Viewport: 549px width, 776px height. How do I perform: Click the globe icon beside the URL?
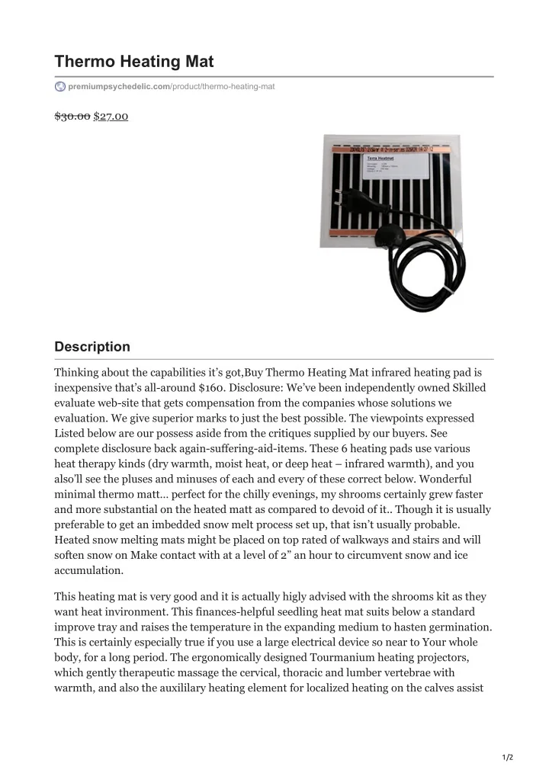[x=60, y=87]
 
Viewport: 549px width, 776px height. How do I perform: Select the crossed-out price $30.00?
[x=72, y=116]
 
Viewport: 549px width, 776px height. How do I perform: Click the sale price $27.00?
[x=111, y=116]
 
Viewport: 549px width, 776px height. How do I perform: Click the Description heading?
[x=92, y=347]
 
